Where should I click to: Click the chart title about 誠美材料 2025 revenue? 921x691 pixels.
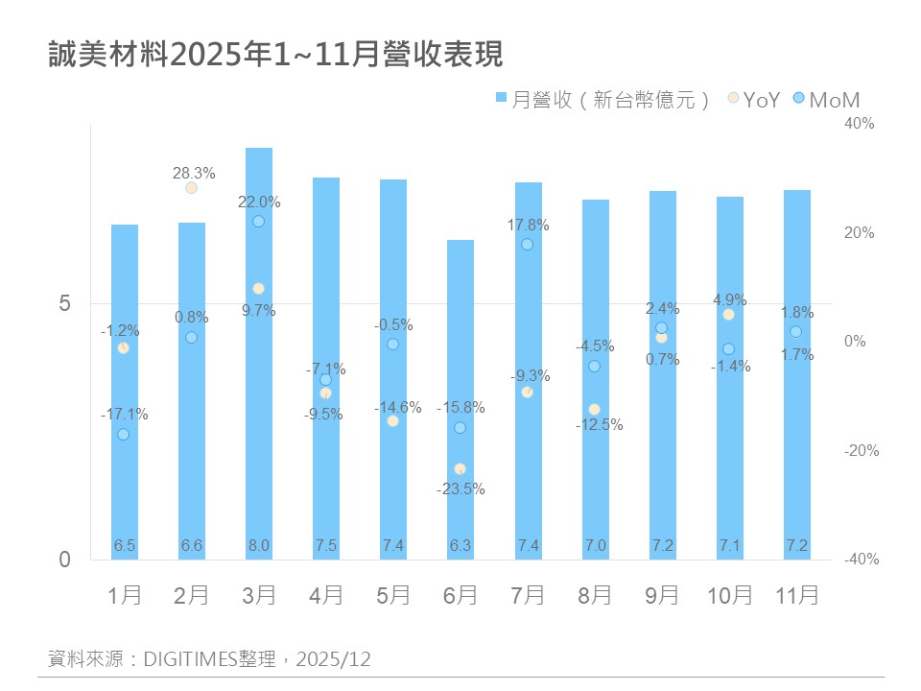(x=276, y=55)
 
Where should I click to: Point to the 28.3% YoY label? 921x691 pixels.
(x=194, y=174)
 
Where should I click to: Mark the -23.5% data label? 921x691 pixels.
(x=460, y=488)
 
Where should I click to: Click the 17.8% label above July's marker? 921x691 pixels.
(x=529, y=226)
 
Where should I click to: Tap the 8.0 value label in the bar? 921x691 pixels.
(x=259, y=546)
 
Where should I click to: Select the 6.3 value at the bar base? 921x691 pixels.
(x=460, y=546)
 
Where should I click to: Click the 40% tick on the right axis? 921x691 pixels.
(x=861, y=124)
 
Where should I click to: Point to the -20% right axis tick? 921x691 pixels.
(x=861, y=451)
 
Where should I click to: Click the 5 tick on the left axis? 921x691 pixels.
(x=65, y=303)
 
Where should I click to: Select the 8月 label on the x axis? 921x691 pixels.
(x=595, y=596)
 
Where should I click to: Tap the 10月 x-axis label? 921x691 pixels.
(x=729, y=596)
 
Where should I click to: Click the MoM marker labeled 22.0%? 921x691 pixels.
(x=258, y=222)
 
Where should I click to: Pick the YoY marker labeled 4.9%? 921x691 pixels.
(x=728, y=315)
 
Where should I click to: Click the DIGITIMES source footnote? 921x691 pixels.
(x=209, y=659)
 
